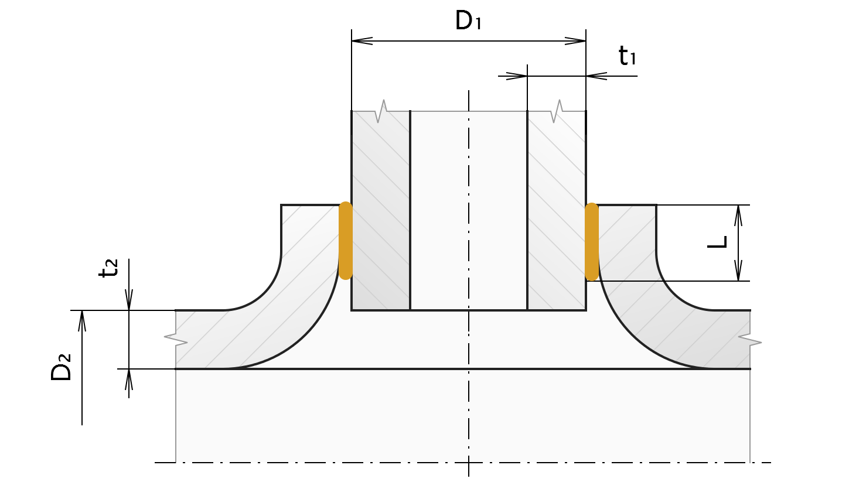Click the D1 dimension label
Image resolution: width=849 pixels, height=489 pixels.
(x=468, y=21)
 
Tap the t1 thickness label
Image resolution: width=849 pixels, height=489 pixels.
(x=627, y=57)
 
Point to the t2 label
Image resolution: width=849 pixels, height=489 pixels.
(x=109, y=268)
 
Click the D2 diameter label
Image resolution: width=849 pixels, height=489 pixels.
(x=62, y=367)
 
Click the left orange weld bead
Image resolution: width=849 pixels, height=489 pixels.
(x=346, y=241)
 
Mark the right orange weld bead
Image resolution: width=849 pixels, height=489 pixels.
(x=592, y=242)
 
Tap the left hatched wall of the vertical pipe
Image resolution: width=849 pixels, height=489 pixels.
(x=381, y=211)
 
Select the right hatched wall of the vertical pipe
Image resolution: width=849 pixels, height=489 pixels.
(x=557, y=211)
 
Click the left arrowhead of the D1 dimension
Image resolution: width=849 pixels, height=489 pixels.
(x=362, y=41)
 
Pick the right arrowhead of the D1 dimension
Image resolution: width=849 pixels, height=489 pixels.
(x=575, y=41)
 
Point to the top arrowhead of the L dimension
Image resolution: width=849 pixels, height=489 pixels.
(x=738, y=215)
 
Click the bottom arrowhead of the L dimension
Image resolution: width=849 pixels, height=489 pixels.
(x=738, y=271)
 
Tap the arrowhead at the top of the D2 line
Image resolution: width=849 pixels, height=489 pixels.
(x=82, y=320)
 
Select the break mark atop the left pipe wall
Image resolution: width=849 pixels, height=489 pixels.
(x=381, y=111)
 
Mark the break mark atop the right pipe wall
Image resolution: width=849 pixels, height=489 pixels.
(x=557, y=111)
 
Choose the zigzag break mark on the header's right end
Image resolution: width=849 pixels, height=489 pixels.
(x=750, y=339)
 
